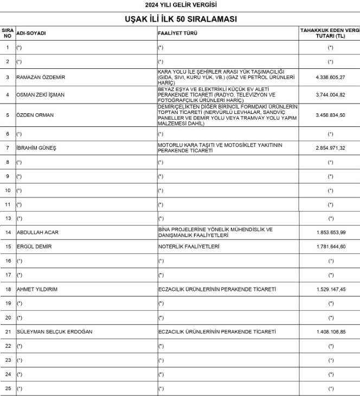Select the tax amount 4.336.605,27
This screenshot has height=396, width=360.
click(x=331, y=78)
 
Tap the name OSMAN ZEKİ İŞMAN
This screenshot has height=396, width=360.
click(x=41, y=95)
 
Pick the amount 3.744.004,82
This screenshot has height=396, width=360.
click(x=331, y=95)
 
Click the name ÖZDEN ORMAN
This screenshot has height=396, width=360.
click(x=33, y=115)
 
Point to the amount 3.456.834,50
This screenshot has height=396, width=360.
click(x=331, y=115)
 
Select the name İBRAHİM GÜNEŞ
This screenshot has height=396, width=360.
click(x=36, y=148)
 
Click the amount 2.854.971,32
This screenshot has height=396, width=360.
click(x=331, y=148)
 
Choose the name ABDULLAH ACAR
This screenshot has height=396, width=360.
click(x=37, y=233)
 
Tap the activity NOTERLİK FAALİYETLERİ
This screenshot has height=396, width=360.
click(x=188, y=247)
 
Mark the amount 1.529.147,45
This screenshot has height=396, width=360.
click(x=331, y=290)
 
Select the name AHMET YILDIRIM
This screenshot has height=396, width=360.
click(x=37, y=290)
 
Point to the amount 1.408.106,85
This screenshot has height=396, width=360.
click(x=331, y=332)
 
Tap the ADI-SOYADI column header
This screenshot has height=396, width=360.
click(x=31, y=34)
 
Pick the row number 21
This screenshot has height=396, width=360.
click(x=8, y=332)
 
